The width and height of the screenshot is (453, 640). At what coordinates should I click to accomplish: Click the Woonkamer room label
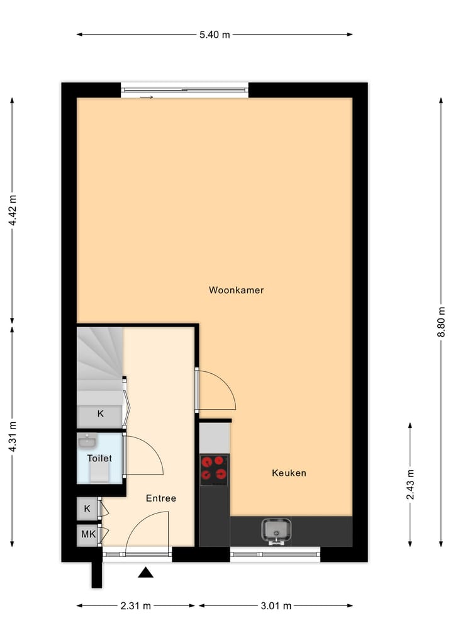(236, 290)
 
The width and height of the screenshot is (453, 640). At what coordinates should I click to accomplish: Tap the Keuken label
(289, 473)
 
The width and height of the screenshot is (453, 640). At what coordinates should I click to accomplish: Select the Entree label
(160, 498)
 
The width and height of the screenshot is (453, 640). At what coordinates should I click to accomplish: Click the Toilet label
(99, 458)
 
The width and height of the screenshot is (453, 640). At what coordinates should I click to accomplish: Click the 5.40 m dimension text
(215, 35)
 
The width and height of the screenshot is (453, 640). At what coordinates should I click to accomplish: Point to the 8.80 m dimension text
(441, 323)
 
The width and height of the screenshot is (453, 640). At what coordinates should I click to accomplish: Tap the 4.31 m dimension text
(12, 436)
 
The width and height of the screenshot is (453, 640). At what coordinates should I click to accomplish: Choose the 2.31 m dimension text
(136, 606)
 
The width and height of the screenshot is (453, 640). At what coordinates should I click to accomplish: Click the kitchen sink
(277, 531)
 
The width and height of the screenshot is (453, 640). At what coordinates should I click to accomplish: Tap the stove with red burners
(214, 469)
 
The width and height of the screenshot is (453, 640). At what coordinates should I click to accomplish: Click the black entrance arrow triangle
(146, 572)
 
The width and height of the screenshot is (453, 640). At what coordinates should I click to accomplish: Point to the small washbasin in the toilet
(87, 441)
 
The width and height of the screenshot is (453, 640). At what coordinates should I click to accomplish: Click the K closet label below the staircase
(99, 413)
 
